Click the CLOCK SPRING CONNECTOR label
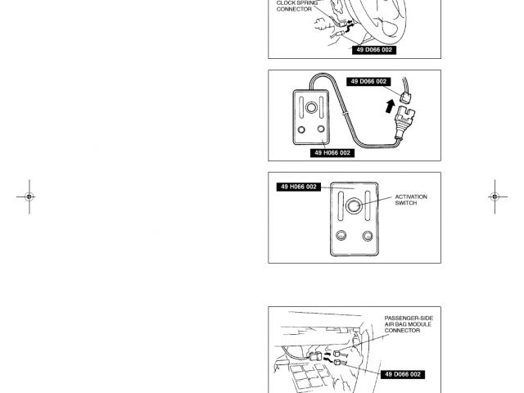(294, 6)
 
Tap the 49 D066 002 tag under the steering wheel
(374, 50)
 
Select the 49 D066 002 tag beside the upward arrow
(368, 82)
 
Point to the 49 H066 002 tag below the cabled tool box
(332, 153)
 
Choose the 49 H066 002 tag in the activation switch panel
(299, 187)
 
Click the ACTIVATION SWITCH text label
(410, 200)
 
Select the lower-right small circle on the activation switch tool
(368, 237)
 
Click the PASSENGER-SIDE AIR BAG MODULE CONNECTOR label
(409, 324)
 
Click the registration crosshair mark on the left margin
(29, 197)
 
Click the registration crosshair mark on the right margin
(494, 197)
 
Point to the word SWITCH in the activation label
(406, 203)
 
